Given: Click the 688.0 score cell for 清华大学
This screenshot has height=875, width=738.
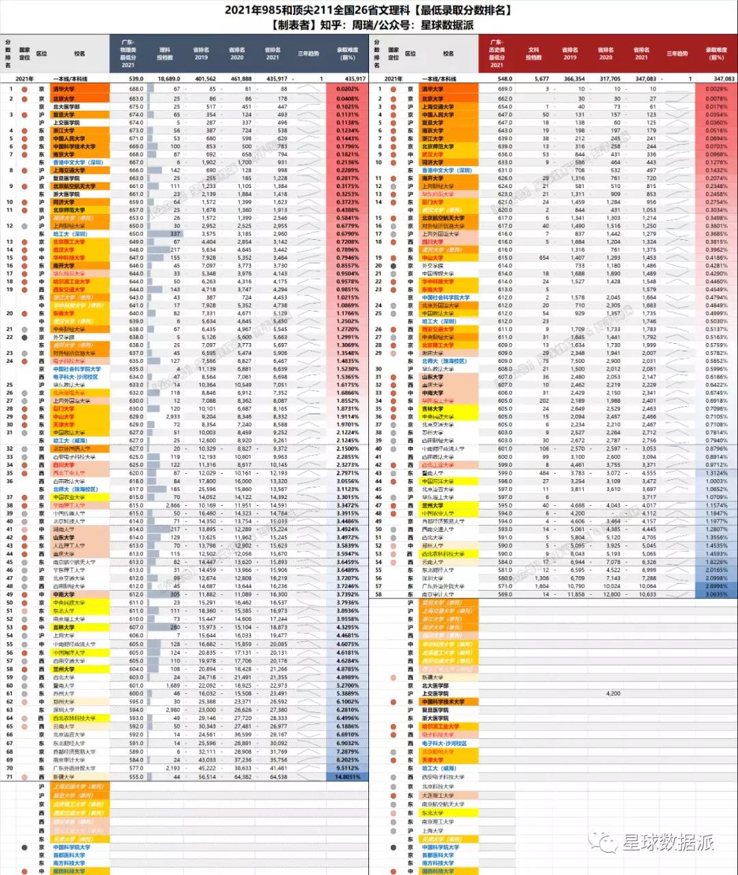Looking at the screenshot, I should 137,89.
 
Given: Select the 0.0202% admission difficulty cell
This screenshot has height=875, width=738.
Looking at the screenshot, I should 348,89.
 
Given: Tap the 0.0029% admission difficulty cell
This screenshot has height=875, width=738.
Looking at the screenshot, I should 716,89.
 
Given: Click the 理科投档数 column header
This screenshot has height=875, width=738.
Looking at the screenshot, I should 165,53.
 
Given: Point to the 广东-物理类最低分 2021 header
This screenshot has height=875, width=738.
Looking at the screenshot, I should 128,53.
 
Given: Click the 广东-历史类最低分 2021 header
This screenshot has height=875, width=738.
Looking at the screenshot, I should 497,53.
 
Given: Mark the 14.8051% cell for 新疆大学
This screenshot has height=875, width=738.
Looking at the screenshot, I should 348,777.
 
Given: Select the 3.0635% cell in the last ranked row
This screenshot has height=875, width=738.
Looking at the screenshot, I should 716,594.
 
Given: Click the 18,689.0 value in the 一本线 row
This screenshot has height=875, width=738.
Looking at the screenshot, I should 168,79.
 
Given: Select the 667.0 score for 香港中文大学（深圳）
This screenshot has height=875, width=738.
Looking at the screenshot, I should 137,162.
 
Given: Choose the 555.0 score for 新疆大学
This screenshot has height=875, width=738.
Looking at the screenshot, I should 137,777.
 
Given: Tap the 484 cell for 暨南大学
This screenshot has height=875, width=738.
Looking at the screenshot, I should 543,473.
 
